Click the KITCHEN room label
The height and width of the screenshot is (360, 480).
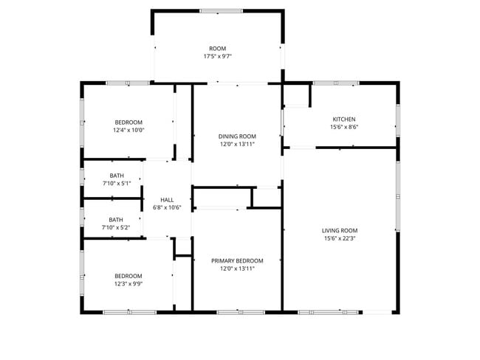pyautogui.click(x=343, y=120)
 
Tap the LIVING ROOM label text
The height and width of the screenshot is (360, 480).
pyautogui.click(x=340, y=230)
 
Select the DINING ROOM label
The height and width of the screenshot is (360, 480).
pyautogui.click(x=237, y=136)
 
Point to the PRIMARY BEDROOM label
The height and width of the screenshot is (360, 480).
pyautogui.click(x=237, y=261)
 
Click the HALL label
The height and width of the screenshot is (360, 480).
pyautogui.click(x=167, y=200)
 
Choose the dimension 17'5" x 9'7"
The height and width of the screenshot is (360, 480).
pyautogui.click(x=217, y=57)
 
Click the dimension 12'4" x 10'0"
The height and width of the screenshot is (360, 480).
pyautogui.click(x=128, y=131)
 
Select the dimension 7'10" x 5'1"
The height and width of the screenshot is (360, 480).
pyautogui.click(x=116, y=184)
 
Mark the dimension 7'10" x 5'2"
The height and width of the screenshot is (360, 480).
pyautogui.click(x=116, y=228)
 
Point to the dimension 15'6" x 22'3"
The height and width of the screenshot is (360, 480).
pyautogui.click(x=340, y=238)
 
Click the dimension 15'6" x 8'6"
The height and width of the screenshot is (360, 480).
pyautogui.click(x=343, y=128)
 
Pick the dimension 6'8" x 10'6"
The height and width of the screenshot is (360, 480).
pyautogui.click(x=167, y=208)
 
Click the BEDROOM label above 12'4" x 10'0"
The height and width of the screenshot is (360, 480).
pyautogui.click(x=128, y=122)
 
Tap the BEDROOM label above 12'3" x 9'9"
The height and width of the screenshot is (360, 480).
pyautogui.click(x=128, y=276)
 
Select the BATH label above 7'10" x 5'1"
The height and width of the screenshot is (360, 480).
pyautogui.click(x=116, y=176)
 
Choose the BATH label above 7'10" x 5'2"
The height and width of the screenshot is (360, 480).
pyautogui.click(x=116, y=220)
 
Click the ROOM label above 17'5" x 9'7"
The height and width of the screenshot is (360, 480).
pyautogui.click(x=217, y=49)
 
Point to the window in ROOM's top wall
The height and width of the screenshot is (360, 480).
pyautogui.click(x=221, y=11)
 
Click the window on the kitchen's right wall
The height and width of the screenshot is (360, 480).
pyautogui.click(x=397, y=120)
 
